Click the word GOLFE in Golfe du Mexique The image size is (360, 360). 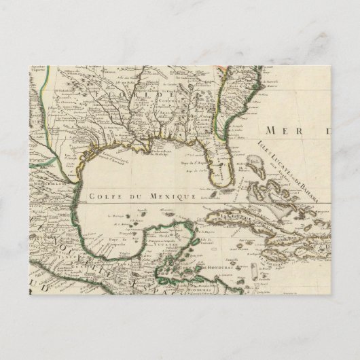102,195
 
